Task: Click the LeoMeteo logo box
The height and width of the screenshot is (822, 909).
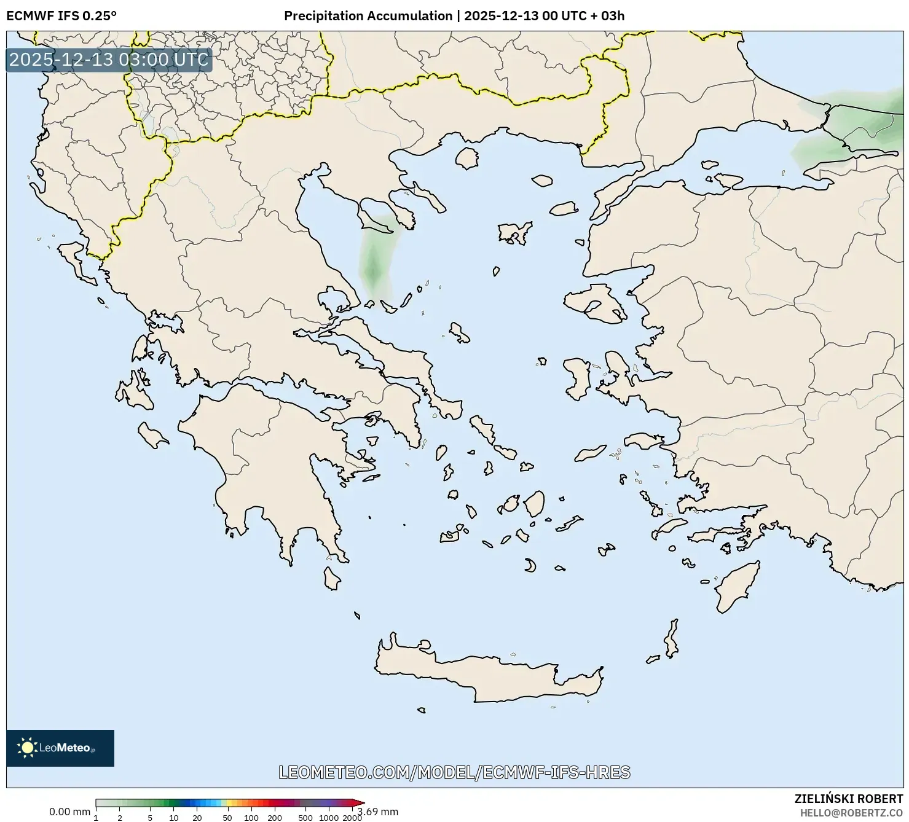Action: click(x=60, y=748)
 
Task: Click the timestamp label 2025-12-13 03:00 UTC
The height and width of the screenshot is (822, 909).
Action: click(x=109, y=60)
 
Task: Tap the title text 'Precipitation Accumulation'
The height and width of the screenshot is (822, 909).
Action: click(x=368, y=16)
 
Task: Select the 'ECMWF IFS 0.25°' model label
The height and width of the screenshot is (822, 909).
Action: click(x=61, y=16)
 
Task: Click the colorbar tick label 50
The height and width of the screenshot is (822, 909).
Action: click(x=227, y=818)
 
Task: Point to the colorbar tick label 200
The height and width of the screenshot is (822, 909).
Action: click(x=275, y=818)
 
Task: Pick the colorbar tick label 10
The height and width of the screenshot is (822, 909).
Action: click(x=174, y=818)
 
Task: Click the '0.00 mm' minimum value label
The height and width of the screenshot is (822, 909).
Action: click(x=69, y=812)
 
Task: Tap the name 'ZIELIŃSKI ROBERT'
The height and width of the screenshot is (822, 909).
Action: click(x=849, y=799)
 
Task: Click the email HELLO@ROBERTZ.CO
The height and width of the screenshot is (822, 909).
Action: click(x=851, y=812)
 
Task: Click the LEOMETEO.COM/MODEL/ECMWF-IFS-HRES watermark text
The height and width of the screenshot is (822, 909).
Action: click(x=454, y=772)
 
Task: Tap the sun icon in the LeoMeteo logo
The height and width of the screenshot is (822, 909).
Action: click(x=27, y=748)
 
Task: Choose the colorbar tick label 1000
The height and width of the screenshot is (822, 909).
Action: click(x=328, y=818)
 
